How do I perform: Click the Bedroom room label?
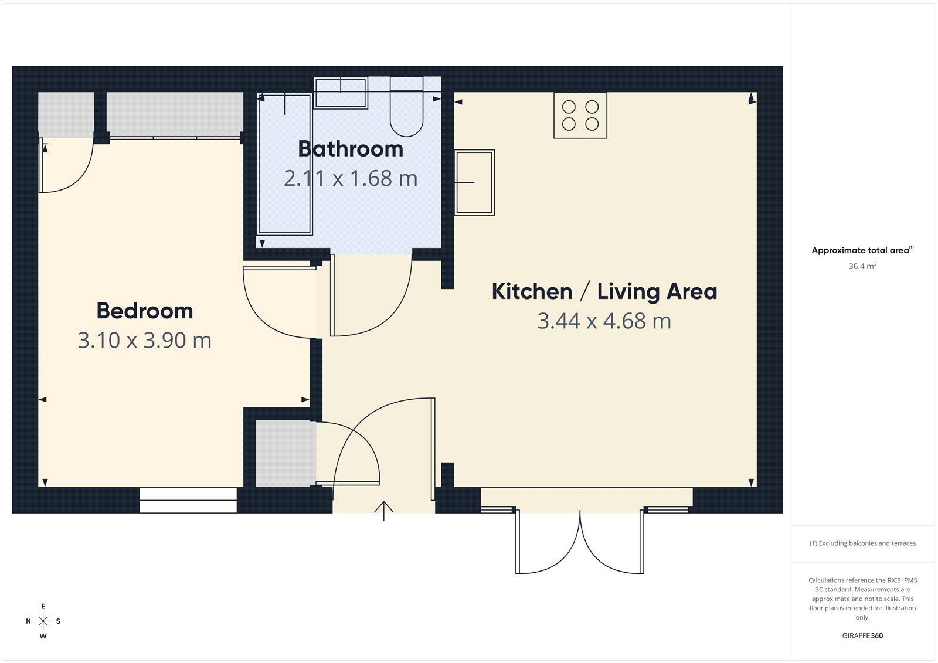pyautogui.click(x=145, y=311)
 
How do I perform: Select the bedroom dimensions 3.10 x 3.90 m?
pyautogui.click(x=145, y=341)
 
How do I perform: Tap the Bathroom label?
pyautogui.click(x=351, y=149)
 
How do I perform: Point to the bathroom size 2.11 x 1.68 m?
pyautogui.click(x=351, y=179)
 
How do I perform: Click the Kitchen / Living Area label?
pyautogui.click(x=604, y=291)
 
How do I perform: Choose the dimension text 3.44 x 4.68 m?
pyautogui.click(x=604, y=321)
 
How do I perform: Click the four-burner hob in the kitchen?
pyautogui.click(x=580, y=115)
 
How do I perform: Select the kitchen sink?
pyautogui.click(x=475, y=182)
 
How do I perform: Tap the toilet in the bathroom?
pyautogui.click(x=406, y=111)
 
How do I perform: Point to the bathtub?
pyautogui.click(x=285, y=164)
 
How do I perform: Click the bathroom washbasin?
pyautogui.click(x=341, y=93)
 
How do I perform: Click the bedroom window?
pyautogui.click(x=188, y=500)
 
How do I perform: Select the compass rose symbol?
pyautogui.click(x=43, y=621)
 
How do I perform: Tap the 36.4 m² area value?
pyautogui.click(x=862, y=266)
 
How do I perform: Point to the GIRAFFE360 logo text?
pyautogui.click(x=862, y=635)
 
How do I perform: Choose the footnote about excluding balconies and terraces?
pyautogui.click(x=862, y=543)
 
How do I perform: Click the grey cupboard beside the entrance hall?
pyautogui.click(x=286, y=454)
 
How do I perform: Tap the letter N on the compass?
pyautogui.click(x=28, y=621)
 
